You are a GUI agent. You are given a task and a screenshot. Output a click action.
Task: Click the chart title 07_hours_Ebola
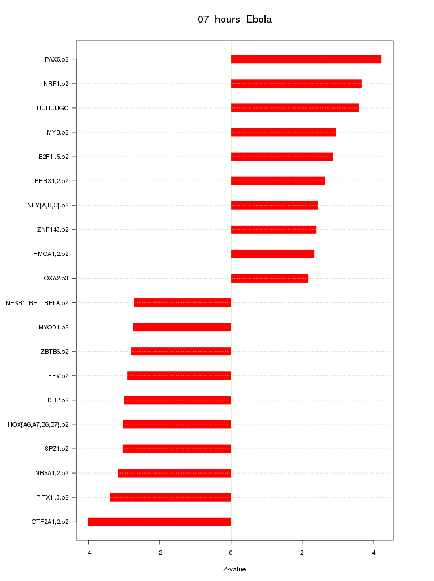coord(235,19)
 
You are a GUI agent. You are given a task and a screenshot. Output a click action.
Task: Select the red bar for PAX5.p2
coord(306,59)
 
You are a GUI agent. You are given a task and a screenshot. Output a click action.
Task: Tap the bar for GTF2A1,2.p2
coord(159,522)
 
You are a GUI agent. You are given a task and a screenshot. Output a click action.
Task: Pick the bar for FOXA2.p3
coord(269,278)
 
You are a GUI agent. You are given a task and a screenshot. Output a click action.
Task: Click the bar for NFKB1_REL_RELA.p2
coord(182,302)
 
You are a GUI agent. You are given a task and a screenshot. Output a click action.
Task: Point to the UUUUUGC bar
coord(294,108)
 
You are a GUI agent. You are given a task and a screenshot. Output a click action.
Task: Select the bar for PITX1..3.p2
coord(170,497)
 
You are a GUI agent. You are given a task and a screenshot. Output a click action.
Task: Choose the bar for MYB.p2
coord(283,132)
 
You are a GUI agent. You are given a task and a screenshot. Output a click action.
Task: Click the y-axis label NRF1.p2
coord(56,84)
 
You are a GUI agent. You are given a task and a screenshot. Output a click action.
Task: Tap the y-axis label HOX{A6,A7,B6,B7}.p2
coord(38,424)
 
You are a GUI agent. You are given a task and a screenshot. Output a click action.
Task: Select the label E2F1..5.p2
coord(54,157)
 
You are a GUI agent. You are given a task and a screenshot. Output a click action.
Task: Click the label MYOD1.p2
coord(54,327)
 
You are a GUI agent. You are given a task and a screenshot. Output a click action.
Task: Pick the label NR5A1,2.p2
coord(52,473)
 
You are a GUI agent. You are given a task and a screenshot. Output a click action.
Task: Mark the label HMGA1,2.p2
coord(51,254)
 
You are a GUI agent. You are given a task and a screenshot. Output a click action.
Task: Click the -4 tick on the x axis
coord(88,553)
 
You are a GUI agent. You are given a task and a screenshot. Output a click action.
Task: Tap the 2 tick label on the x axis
coord(302,553)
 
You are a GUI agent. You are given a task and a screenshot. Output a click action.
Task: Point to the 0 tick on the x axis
coord(231,553)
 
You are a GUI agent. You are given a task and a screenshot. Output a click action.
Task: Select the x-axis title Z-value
coord(235,569)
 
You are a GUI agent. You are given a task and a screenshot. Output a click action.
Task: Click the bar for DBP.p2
coord(177,400)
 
